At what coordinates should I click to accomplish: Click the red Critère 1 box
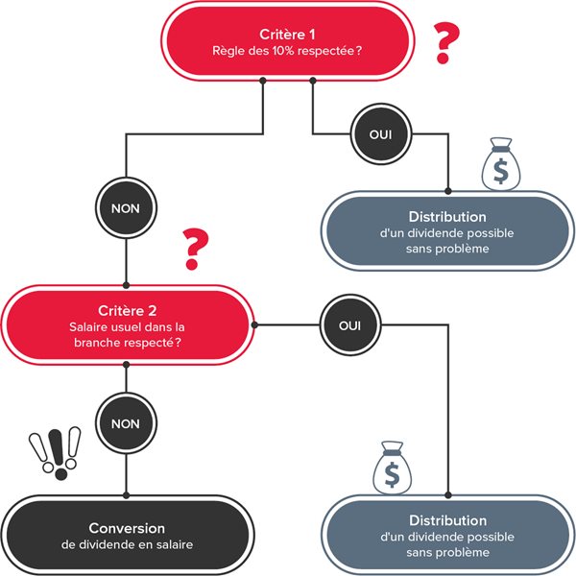click(288, 41)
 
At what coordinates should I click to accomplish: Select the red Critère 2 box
click(128, 325)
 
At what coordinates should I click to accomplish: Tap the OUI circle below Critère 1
click(381, 134)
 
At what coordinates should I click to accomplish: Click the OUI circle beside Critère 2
click(350, 325)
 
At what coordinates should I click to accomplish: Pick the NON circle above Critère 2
click(126, 208)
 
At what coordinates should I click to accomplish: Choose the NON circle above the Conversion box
click(126, 423)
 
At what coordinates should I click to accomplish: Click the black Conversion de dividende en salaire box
click(128, 536)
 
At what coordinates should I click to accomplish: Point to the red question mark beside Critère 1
click(446, 42)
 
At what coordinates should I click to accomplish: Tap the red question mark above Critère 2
click(195, 249)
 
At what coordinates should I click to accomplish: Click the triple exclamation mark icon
click(56, 453)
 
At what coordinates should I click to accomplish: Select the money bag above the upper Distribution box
click(501, 164)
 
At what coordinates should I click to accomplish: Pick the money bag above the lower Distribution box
click(393, 468)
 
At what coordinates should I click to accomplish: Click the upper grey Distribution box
click(447, 231)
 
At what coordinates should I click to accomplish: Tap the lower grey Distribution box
click(447, 536)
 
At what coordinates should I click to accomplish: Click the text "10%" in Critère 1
click(283, 51)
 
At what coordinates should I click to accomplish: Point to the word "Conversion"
click(127, 528)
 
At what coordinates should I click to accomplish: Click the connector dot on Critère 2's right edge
click(254, 325)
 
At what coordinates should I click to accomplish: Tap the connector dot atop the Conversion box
click(126, 495)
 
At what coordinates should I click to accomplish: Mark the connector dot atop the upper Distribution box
click(447, 191)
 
